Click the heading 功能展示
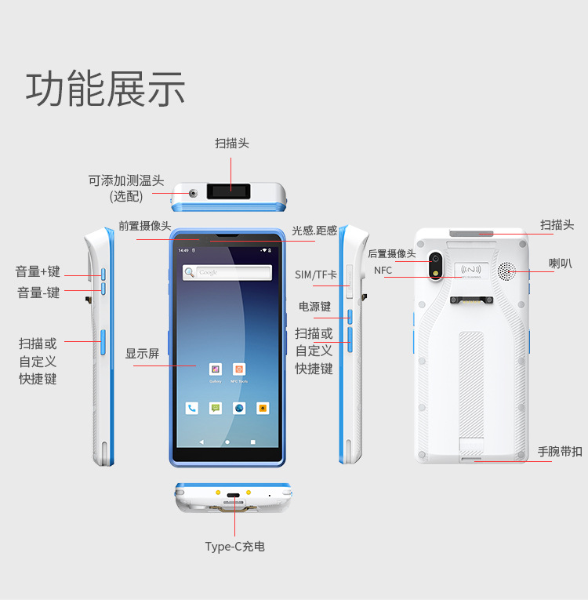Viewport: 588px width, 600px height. pos(105,88)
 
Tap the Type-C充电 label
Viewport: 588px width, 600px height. pos(234,547)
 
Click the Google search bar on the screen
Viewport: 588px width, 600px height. pos(227,272)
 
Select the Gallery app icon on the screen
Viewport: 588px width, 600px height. pos(215,369)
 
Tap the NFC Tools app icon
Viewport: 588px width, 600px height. pos(239,369)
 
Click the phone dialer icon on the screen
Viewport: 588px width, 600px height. pos(192,408)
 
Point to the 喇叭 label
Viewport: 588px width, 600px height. pos(560,264)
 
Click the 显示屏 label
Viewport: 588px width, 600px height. pos(142,354)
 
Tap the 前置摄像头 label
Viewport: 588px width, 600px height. pos(145,226)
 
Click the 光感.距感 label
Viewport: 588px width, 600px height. pos(314,231)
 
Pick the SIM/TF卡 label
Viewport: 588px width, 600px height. pos(316,275)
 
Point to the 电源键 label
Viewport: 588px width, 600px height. pos(315,306)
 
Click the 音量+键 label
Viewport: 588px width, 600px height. pos(38,271)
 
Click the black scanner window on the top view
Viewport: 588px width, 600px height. pos(229,191)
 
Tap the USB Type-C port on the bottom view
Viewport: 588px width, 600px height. pos(234,496)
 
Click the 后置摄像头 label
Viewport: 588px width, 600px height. pos(391,253)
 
